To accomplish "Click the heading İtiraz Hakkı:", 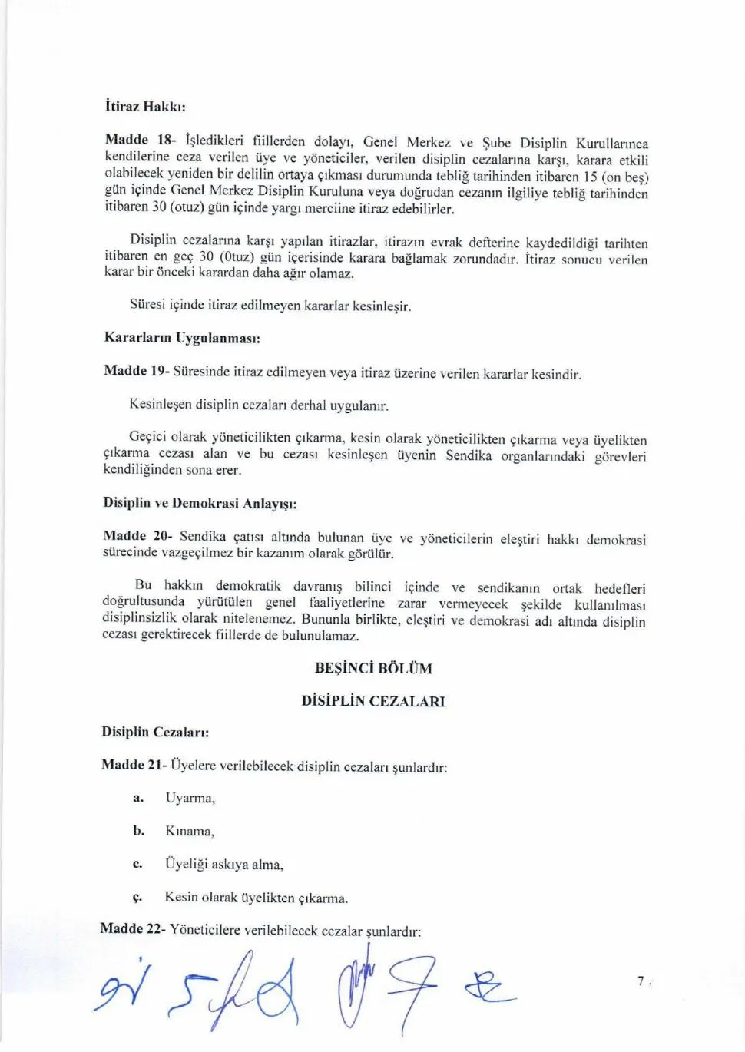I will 145,107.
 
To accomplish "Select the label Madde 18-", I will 140,140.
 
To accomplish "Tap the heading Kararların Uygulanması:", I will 182,338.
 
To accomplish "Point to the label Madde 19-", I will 136,371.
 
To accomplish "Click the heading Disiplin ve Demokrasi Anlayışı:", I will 200,504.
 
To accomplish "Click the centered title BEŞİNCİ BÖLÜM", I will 373,668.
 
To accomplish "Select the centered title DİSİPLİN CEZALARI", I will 373,701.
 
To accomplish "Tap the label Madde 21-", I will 134,765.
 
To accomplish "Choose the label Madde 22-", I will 132,929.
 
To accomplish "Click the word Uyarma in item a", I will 189,799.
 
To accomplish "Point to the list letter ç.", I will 137,898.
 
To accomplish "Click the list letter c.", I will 137,865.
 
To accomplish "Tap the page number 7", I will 641,981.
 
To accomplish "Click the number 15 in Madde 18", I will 590,177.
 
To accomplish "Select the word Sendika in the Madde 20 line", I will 203,536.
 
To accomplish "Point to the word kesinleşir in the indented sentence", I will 382,306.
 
